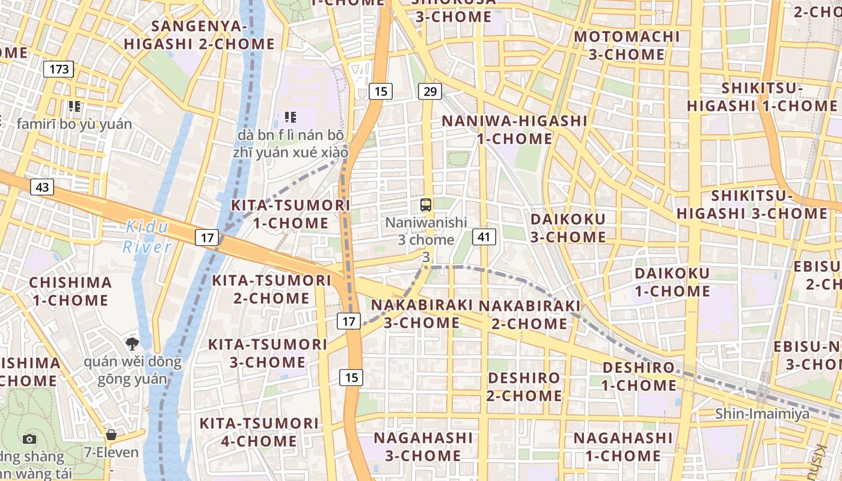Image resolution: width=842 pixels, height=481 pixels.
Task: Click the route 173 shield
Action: (x=59, y=69)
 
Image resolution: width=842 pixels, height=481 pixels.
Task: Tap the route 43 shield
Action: (x=42, y=187)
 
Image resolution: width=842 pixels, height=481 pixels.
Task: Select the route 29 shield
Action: (x=429, y=91)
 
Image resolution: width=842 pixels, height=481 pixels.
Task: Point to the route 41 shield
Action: (x=484, y=237)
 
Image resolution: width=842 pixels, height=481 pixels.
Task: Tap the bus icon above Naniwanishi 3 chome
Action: (x=426, y=205)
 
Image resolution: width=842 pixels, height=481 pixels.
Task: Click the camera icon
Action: (x=29, y=440)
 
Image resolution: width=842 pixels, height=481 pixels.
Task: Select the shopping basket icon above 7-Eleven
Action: (x=111, y=435)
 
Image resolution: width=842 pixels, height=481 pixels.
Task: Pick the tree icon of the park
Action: (x=132, y=344)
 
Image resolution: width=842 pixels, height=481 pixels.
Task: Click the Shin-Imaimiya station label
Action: (x=762, y=414)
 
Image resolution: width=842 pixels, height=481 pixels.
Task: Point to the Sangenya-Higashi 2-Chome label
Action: (x=199, y=35)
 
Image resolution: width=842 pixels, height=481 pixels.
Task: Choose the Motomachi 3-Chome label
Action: (x=627, y=46)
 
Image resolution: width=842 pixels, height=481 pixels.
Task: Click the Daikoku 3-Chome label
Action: (x=568, y=227)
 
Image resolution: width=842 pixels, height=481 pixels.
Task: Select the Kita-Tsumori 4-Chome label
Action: (x=259, y=432)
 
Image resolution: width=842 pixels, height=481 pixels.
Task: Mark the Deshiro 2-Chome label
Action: (x=524, y=387)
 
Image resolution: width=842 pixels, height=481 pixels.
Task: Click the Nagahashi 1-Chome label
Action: (x=622, y=447)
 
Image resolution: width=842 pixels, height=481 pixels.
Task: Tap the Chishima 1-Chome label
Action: (x=70, y=291)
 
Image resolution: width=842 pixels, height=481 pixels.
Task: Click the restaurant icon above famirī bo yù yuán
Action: (x=75, y=106)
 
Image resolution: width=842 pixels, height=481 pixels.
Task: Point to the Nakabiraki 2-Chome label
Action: (x=529, y=314)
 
